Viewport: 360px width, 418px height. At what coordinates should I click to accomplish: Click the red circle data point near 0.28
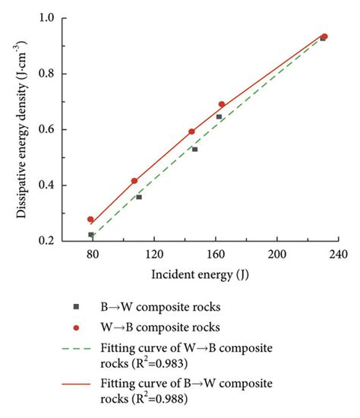click(91, 220)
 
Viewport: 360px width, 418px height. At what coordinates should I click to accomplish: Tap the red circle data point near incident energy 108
click(134, 181)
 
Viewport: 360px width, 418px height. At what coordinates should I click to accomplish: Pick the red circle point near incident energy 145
click(191, 131)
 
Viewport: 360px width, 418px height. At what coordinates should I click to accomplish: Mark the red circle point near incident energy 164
click(222, 104)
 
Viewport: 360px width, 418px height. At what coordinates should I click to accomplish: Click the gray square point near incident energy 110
click(139, 197)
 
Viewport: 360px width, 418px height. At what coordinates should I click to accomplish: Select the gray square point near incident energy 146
click(194, 149)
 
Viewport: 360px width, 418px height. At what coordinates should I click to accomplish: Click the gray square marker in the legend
click(75, 306)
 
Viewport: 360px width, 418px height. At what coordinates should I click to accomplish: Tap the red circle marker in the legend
click(75, 328)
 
